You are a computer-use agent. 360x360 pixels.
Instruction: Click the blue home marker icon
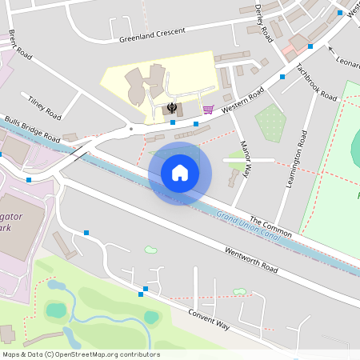tap(179, 173)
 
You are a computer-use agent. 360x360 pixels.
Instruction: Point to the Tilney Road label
tap(44, 106)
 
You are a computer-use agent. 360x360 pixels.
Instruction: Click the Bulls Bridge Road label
tap(32, 128)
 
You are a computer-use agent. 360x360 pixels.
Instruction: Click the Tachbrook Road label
tap(316, 82)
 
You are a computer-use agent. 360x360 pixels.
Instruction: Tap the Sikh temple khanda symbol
tap(171, 107)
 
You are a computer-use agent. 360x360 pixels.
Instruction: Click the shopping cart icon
tap(207, 109)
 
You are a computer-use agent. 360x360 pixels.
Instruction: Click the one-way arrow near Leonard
tap(330, 50)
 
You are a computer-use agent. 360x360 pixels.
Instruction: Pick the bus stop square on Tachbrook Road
tap(282, 77)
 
